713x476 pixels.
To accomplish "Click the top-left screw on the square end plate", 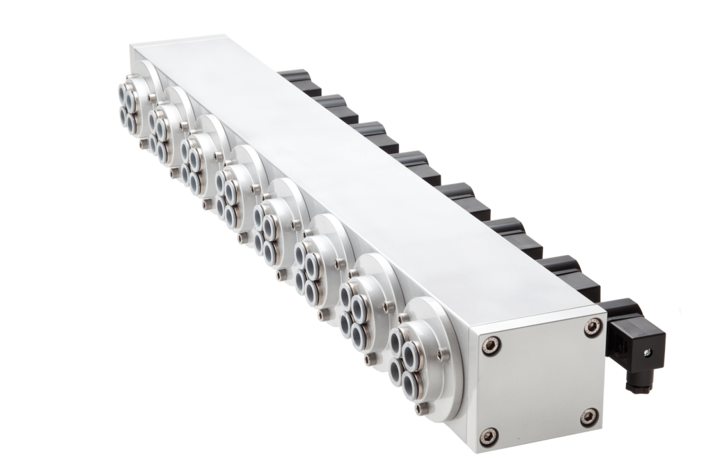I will (490, 345).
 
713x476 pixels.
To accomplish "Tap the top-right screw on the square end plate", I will (593, 326).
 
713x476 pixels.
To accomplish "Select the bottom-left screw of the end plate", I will (489, 436).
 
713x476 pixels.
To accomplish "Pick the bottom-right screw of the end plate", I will (589, 417).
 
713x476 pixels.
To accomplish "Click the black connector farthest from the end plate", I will (298, 79).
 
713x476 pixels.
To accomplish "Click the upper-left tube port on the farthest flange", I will (122, 91).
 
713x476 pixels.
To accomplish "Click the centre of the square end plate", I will (540, 381).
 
